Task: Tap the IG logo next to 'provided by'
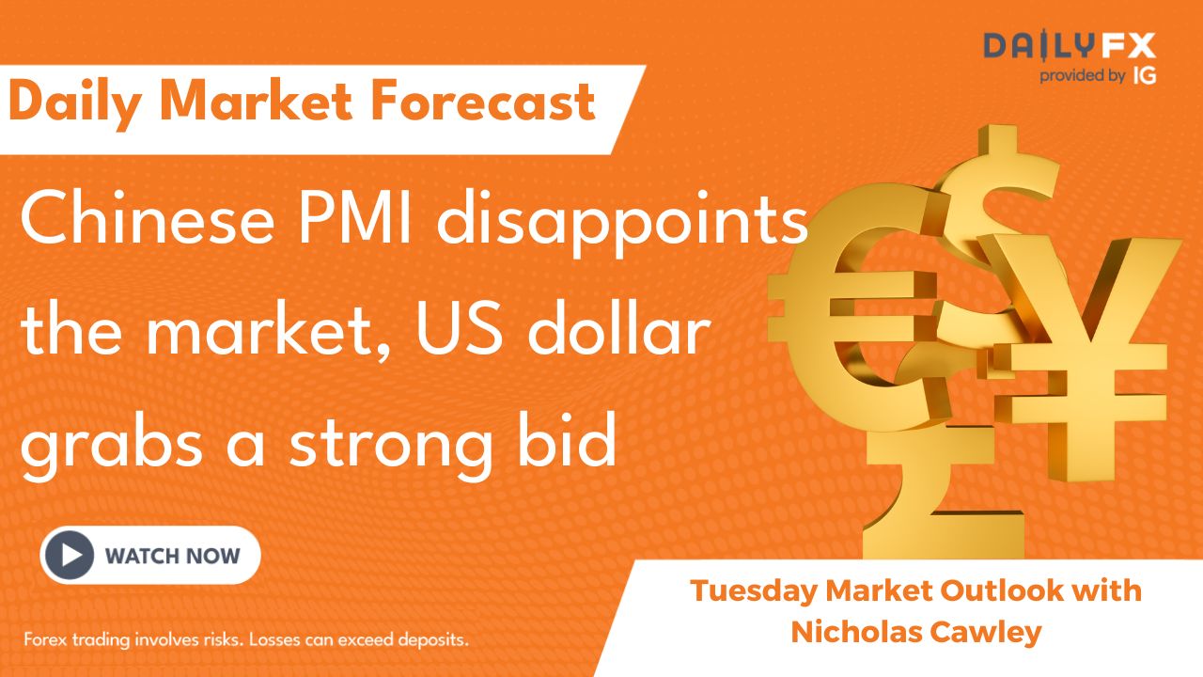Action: tap(1145, 76)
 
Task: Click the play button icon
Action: tap(70, 556)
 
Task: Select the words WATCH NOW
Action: tap(172, 556)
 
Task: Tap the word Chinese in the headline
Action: tap(148, 220)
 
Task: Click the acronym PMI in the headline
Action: tap(355, 220)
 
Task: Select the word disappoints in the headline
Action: tap(622, 225)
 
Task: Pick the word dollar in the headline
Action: tap(618, 329)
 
